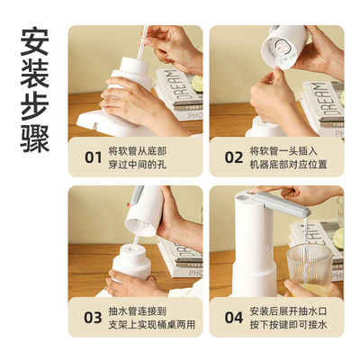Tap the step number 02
(x=233, y=157)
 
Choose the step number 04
(x=233, y=317)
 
